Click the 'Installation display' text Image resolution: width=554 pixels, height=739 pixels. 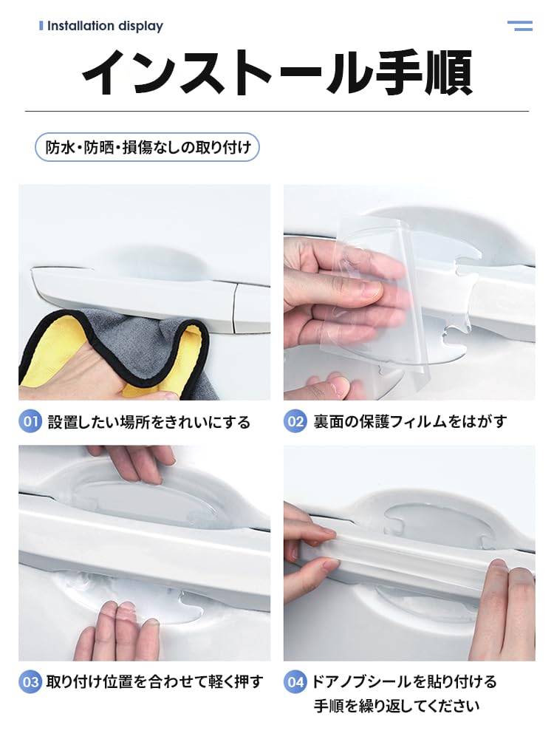click(x=105, y=26)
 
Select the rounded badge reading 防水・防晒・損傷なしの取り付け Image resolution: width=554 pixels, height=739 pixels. click(x=148, y=147)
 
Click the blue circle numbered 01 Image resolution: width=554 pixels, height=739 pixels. click(x=30, y=422)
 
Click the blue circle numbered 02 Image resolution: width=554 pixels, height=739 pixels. click(x=295, y=422)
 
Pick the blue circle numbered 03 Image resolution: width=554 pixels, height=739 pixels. click(x=30, y=681)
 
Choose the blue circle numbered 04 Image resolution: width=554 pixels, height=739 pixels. click(x=295, y=681)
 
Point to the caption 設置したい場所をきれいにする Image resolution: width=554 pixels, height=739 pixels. click(x=148, y=423)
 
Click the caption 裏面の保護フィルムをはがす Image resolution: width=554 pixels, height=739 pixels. click(x=409, y=422)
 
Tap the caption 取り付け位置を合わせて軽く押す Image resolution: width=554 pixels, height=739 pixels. click(x=154, y=681)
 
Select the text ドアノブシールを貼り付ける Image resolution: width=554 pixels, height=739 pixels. click(x=403, y=681)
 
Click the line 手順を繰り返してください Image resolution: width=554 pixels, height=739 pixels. click(x=397, y=706)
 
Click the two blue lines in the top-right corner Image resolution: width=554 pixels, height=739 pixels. click(x=520, y=26)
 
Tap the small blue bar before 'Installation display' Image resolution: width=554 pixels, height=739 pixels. click(x=41, y=26)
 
